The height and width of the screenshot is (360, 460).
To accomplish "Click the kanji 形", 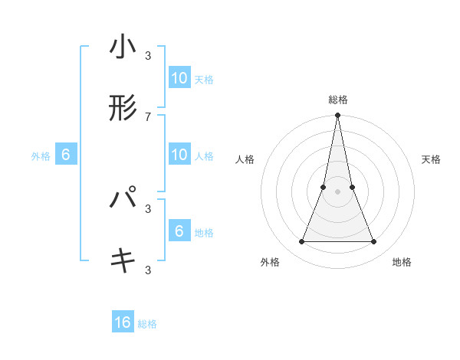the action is point(123,108).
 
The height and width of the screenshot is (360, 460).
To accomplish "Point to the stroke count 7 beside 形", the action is point(148,116).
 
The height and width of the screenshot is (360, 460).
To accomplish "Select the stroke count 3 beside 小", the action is point(148,56).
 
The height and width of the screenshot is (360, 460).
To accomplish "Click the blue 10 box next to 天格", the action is point(179,78).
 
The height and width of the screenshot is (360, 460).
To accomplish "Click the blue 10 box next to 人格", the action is point(179,155).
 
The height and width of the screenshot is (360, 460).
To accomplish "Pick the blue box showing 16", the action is point(123,322).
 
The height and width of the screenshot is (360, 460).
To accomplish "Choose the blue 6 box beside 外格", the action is point(66,155).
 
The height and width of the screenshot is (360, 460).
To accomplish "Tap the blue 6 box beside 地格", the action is point(179,231).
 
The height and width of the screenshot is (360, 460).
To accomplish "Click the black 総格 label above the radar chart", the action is point(337,100).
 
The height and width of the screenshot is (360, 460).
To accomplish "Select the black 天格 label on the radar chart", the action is point(432,159).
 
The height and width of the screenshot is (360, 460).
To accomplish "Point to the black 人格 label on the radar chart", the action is point(245,159).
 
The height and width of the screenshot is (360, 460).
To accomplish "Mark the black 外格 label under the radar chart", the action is point(270,262).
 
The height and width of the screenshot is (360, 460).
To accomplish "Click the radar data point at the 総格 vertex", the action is point(337,116).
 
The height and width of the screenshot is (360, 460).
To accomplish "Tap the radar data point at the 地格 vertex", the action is point(374,242).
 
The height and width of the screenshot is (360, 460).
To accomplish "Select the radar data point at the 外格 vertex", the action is point(301,242).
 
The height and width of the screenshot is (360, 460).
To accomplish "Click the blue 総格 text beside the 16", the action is point(147,324).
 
